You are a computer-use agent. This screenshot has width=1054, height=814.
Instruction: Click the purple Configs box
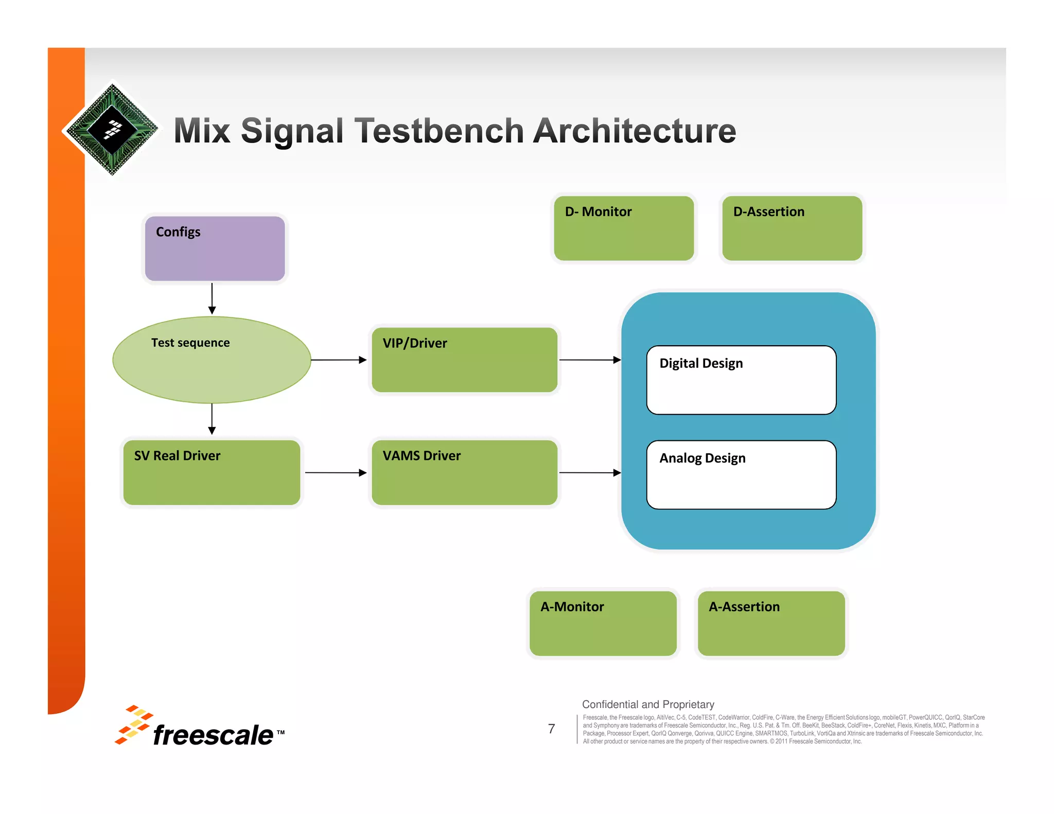coord(215,249)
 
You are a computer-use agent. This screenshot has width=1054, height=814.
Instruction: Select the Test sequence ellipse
coord(212,360)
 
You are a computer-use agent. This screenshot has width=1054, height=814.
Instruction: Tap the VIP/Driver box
coord(464,360)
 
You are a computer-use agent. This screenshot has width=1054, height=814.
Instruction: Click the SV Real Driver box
coord(212,472)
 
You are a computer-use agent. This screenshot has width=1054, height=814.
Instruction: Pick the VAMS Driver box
coord(464,472)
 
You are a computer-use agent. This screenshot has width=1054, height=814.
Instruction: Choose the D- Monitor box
coord(624,228)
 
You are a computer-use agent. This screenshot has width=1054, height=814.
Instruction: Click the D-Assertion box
coord(792,228)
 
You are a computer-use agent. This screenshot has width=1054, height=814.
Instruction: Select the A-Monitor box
coord(603,623)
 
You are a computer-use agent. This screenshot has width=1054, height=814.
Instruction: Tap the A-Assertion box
coord(771,623)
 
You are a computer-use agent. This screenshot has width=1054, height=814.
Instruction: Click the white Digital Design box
coord(741,380)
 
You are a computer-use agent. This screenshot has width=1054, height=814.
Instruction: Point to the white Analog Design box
coord(741,475)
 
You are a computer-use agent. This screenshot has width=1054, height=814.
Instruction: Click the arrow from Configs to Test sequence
coord(212,298)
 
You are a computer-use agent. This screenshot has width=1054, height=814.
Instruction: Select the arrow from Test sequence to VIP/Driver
coord(339,360)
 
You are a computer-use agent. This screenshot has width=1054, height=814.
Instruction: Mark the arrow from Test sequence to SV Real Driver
coord(212,419)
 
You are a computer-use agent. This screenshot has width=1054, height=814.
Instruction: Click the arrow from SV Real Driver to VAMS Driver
coord(336,472)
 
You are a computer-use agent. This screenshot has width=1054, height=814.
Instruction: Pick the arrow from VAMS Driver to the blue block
coord(590,472)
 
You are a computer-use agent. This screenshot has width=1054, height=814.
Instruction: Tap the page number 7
coord(551,729)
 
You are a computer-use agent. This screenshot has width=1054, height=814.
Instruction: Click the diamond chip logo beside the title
coord(112,130)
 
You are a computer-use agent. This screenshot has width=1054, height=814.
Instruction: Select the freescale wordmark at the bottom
coord(213,735)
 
